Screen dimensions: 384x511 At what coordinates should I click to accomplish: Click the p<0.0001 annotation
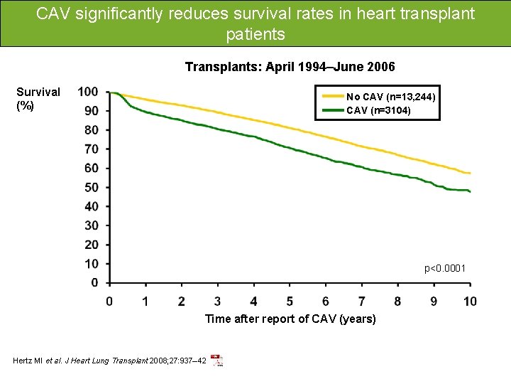[445, 268]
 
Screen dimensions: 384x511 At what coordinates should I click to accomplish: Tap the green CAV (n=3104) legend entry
[378, 110]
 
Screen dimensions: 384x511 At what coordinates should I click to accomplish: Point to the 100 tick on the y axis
[88, 92]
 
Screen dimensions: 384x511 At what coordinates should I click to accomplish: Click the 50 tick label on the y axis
[91, 188]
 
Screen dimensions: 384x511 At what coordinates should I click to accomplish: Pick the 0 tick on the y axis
[94, 283]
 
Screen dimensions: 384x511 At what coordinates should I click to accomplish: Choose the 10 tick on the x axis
[470, 302]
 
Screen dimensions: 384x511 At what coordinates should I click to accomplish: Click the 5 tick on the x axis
[290, 302]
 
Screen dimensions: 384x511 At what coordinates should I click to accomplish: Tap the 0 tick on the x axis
[109, 302]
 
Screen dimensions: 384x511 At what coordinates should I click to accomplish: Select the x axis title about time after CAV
[290, 319]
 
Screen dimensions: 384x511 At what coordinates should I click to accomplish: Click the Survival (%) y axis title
[38, 99]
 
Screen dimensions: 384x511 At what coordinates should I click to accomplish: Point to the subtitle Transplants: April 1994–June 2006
[290, 67]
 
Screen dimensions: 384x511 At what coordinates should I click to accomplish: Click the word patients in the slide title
[255, 33]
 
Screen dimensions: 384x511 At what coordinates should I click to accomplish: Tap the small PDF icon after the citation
[216, 361]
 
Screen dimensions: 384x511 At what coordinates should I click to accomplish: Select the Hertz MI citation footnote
[110, 361]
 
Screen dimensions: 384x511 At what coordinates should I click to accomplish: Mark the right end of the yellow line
[470, 174]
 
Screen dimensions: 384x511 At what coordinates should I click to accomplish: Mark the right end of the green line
[470, 192]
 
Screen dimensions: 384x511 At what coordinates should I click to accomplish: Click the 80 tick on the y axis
[91, 130]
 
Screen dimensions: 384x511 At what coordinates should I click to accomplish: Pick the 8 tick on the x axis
[397, 302]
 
